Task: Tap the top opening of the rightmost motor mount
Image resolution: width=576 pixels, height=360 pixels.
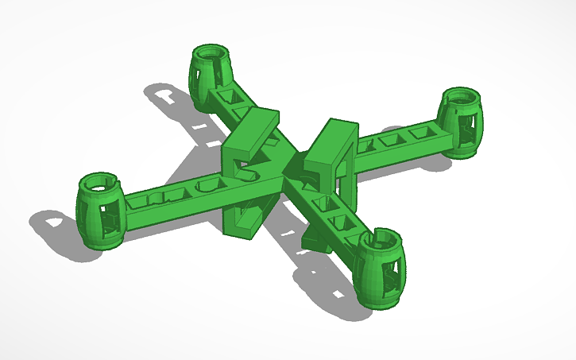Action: pos(458,99)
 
